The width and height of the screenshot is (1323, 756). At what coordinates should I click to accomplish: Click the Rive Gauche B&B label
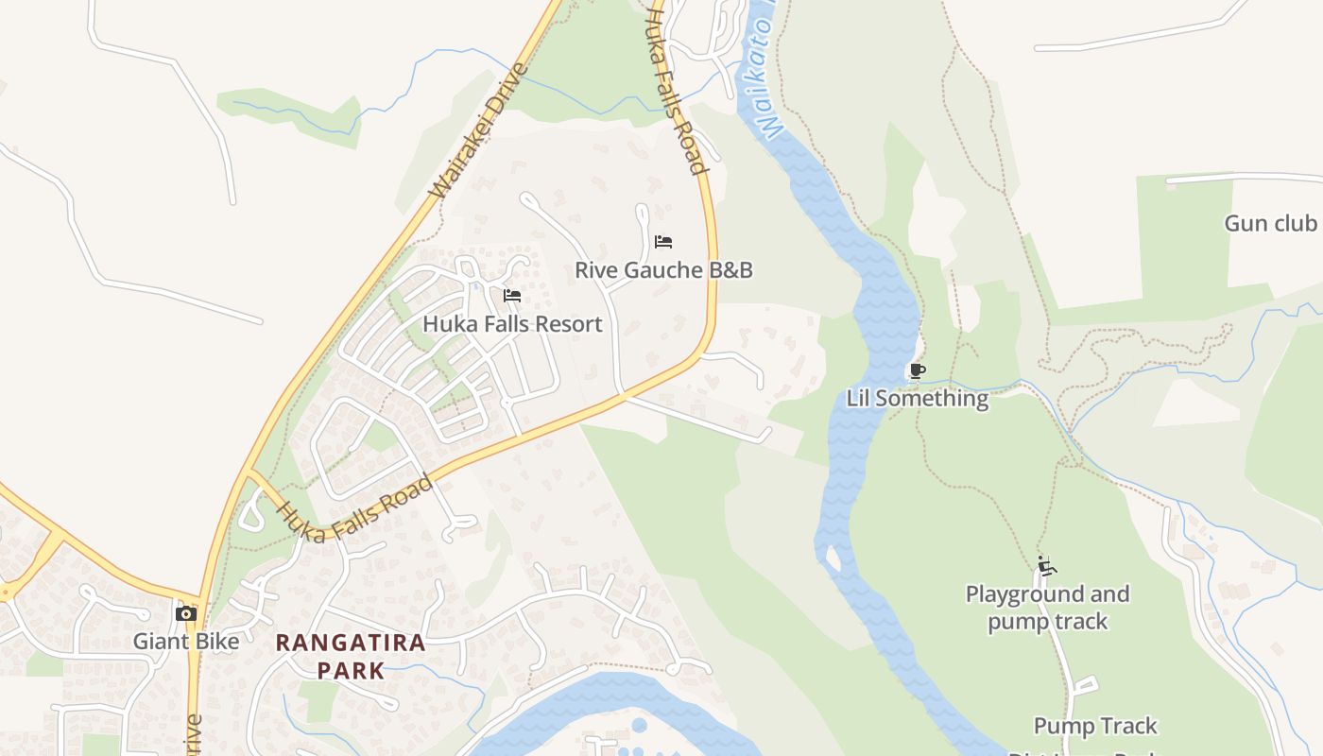pyautogui.click(x=663, y=270)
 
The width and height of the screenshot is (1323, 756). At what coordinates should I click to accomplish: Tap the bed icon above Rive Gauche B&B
pyautogui.click(x=663, y=242)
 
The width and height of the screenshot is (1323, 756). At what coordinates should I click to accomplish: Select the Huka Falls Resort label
pyautogui.click(x=512, y=324)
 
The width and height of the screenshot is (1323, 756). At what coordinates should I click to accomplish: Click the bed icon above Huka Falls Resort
pyautogui.click(x=512, y=296)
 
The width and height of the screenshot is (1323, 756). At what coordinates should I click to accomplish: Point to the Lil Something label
pyautogui.click(x=918, y=398)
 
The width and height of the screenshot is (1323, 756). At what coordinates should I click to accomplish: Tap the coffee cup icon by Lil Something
pyautogui.click(x=916, y=370)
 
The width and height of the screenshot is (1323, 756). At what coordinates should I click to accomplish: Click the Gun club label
pyautogui.click(x=1270, y=224)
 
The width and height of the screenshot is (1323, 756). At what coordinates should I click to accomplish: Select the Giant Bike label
pyautogui.click(x=186, y=642)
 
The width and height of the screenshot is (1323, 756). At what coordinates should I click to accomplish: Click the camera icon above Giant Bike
pyautogui.click(x=186, y=614)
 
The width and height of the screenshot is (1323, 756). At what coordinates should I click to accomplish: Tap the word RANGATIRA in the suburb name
pyautogui.click(x=351, y=644)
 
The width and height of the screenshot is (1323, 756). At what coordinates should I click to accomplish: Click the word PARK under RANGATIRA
pyautogui.click(x=351, y=671)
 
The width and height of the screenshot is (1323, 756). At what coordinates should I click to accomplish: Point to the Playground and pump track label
pyautogui.click(x=1047, y=608)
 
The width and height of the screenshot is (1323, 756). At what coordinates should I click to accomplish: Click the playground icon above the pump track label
pyautogui.click(x=1046, y=566)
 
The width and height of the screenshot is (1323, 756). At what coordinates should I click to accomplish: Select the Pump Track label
pyautogui.click(x=1095, y=727)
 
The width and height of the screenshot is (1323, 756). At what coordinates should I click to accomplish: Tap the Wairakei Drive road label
pyautogui.click(x=478, y=130)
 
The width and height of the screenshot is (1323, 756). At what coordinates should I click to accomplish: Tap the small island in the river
pyautogui.click(x=833, y=558)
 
